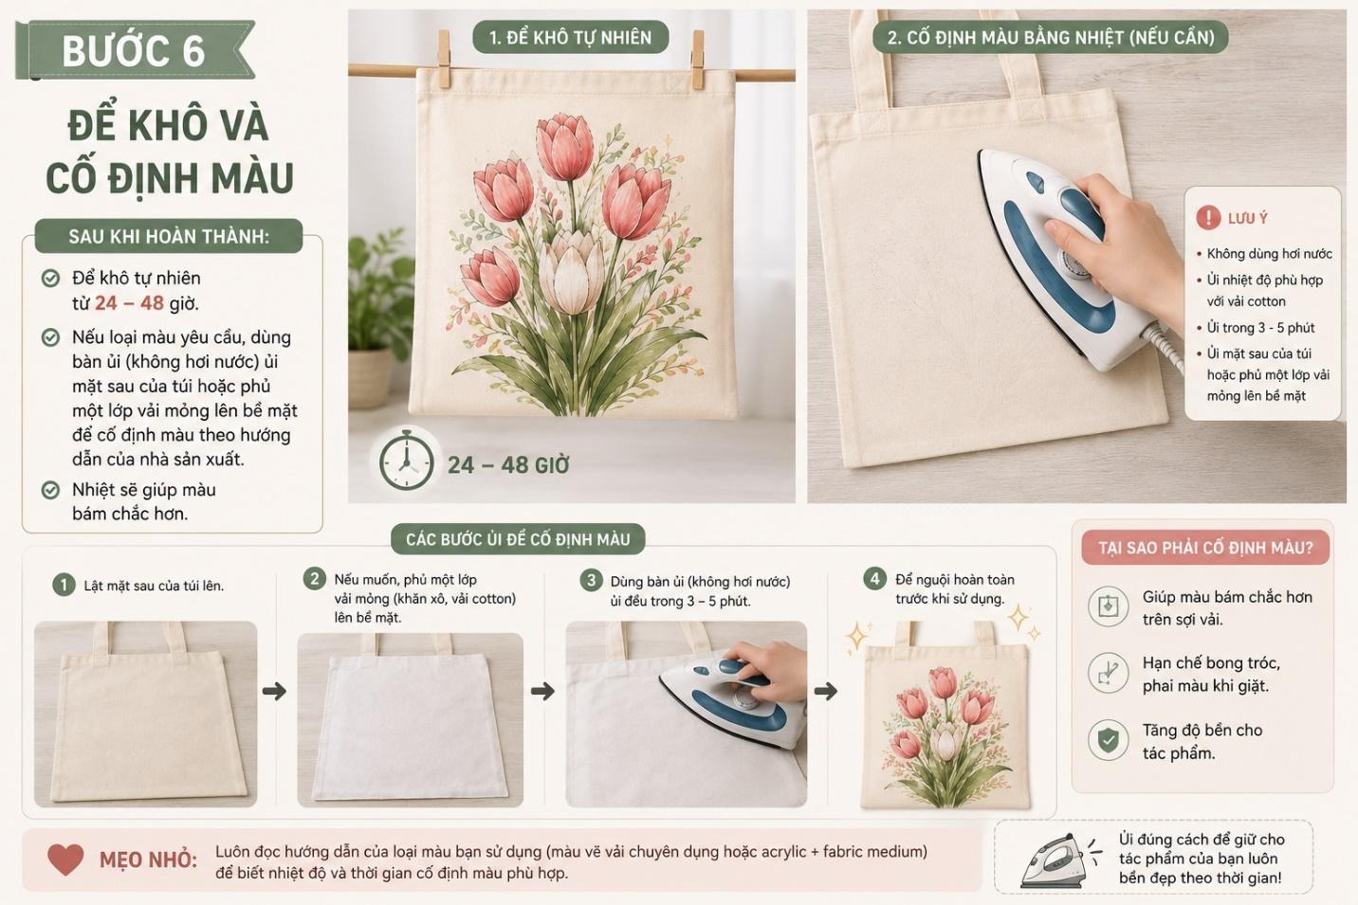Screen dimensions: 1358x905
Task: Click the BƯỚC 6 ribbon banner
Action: tap(135, 49)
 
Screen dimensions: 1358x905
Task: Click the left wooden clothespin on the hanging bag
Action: tap(445, 59)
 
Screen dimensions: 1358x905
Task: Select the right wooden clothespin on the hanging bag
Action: tap(698, 60)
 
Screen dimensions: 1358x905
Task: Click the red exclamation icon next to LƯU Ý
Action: tap(1207, 217)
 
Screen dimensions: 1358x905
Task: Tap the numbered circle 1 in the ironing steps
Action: tap(64, 585)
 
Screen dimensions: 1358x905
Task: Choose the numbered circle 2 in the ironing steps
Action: tap(314, 579)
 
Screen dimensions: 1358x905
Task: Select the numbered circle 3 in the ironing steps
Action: tap(591, 580)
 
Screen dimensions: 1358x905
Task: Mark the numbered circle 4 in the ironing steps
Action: tap(874, 578)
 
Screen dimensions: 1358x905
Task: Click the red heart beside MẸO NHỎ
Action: tap(65, 860)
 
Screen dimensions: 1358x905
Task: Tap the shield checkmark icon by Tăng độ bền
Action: tap(1109, 739)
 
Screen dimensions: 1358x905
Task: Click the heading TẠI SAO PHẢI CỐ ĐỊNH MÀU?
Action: tap(1205, 548)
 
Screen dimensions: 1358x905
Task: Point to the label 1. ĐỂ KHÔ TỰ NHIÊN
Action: tap(571, 38)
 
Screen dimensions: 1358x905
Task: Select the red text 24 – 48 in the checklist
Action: tap(129, 303)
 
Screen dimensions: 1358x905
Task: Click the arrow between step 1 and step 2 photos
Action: tap(274, 691)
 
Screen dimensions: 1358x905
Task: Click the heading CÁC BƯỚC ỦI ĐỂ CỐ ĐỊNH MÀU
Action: tap(518, 539)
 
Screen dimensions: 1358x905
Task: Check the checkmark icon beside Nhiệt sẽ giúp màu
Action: tap(50, 489)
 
